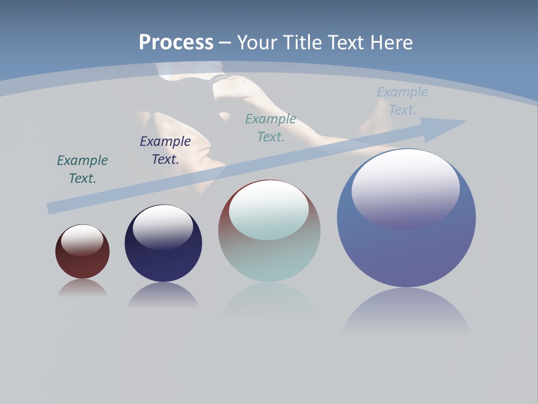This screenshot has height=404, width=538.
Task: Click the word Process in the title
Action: click(x=176, y=43)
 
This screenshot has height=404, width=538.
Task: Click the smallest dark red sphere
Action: click(x=82, y=264)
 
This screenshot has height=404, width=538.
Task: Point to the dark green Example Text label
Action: click(x=82, y=169)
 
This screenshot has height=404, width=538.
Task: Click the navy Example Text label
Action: click(x=165, y=150)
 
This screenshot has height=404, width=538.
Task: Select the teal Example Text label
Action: click(x=271, y=127)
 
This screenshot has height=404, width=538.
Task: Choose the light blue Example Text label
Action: click(x=402, y=101)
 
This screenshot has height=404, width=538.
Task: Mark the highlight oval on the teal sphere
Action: click(x=269, y=210)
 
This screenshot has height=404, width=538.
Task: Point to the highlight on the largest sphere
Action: click(x=406, y=188)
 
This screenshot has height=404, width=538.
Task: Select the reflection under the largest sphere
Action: click(x=406, y=311)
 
